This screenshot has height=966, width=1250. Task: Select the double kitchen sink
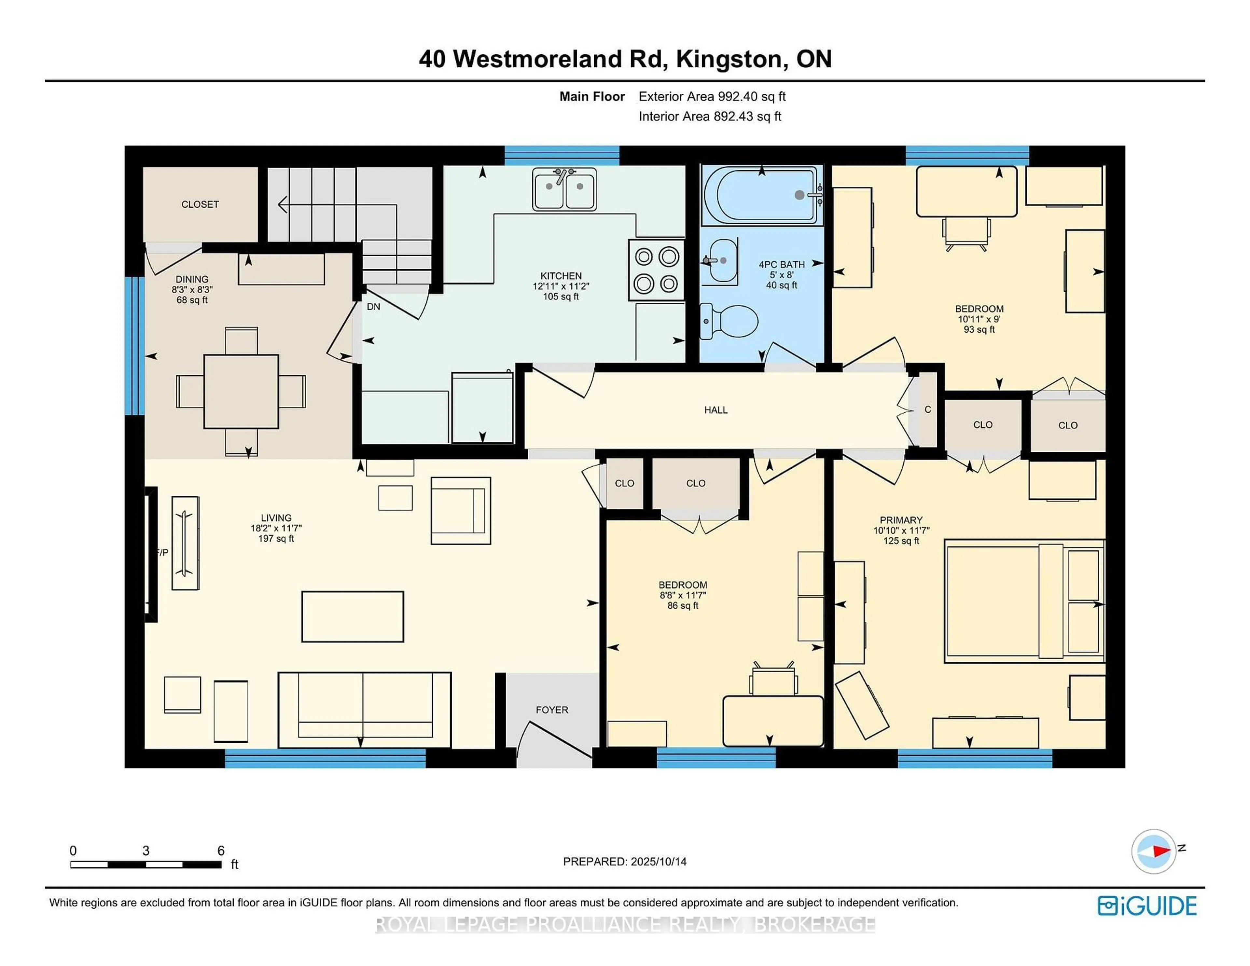point(564,189)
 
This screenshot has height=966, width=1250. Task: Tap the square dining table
point(241,392)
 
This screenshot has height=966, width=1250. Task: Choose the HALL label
point(716,410)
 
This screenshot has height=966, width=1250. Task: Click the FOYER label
point(552,710)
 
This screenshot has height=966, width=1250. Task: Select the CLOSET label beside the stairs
point(200,204)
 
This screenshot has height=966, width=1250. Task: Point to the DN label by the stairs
point(373,307)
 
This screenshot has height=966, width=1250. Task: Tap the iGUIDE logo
point(1147,906)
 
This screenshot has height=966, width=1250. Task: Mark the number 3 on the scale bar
point(146,851)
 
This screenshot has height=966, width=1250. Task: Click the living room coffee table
point(353,617)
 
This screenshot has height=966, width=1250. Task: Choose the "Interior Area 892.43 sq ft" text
point(710,116)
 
